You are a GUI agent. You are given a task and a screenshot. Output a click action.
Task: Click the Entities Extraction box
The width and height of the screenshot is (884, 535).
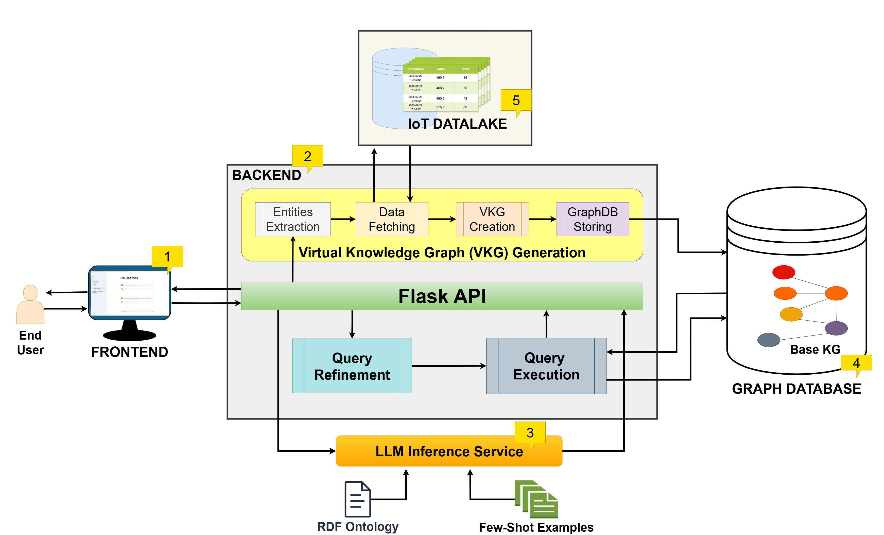[x=292, y=219]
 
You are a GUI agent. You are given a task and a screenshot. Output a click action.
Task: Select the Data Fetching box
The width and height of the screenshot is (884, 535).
[x=391, y=219]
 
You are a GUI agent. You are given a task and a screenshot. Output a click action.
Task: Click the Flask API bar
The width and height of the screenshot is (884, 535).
[x=442, y=296]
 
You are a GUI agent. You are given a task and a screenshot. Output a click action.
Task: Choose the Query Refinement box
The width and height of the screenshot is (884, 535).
[x=352, y=366]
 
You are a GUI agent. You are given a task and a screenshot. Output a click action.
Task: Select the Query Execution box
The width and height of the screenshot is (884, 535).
[x=546, y=366]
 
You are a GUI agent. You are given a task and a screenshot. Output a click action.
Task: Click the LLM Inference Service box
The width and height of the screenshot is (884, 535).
[x=448, y=451]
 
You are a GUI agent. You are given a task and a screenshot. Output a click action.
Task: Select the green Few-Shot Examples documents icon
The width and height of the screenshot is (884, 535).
[x=536, y=499]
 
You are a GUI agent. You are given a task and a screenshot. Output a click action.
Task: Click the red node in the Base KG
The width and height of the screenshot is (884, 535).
[x=784, y=272]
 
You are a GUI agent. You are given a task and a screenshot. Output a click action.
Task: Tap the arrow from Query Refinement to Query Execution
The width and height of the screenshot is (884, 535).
[x=448, y=366]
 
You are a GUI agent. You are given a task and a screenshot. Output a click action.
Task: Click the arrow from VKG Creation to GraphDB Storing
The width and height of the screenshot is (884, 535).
[x=542, y=219]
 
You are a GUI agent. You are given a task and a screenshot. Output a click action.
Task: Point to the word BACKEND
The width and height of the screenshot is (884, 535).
[x=266, y=175]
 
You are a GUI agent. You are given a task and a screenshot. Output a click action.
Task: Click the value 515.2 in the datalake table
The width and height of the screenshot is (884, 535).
[x=440, y=107]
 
